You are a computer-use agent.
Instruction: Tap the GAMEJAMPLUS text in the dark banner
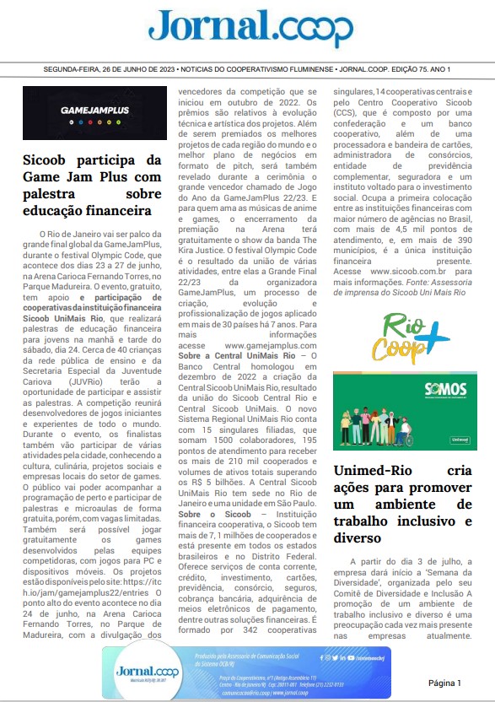click(94, 109)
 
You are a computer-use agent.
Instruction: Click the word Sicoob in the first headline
click(48, 159)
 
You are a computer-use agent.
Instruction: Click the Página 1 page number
click(444, 682)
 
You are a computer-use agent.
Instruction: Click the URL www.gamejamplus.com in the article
click(255, 346)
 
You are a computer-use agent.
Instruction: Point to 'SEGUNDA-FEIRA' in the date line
click(73, 68)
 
